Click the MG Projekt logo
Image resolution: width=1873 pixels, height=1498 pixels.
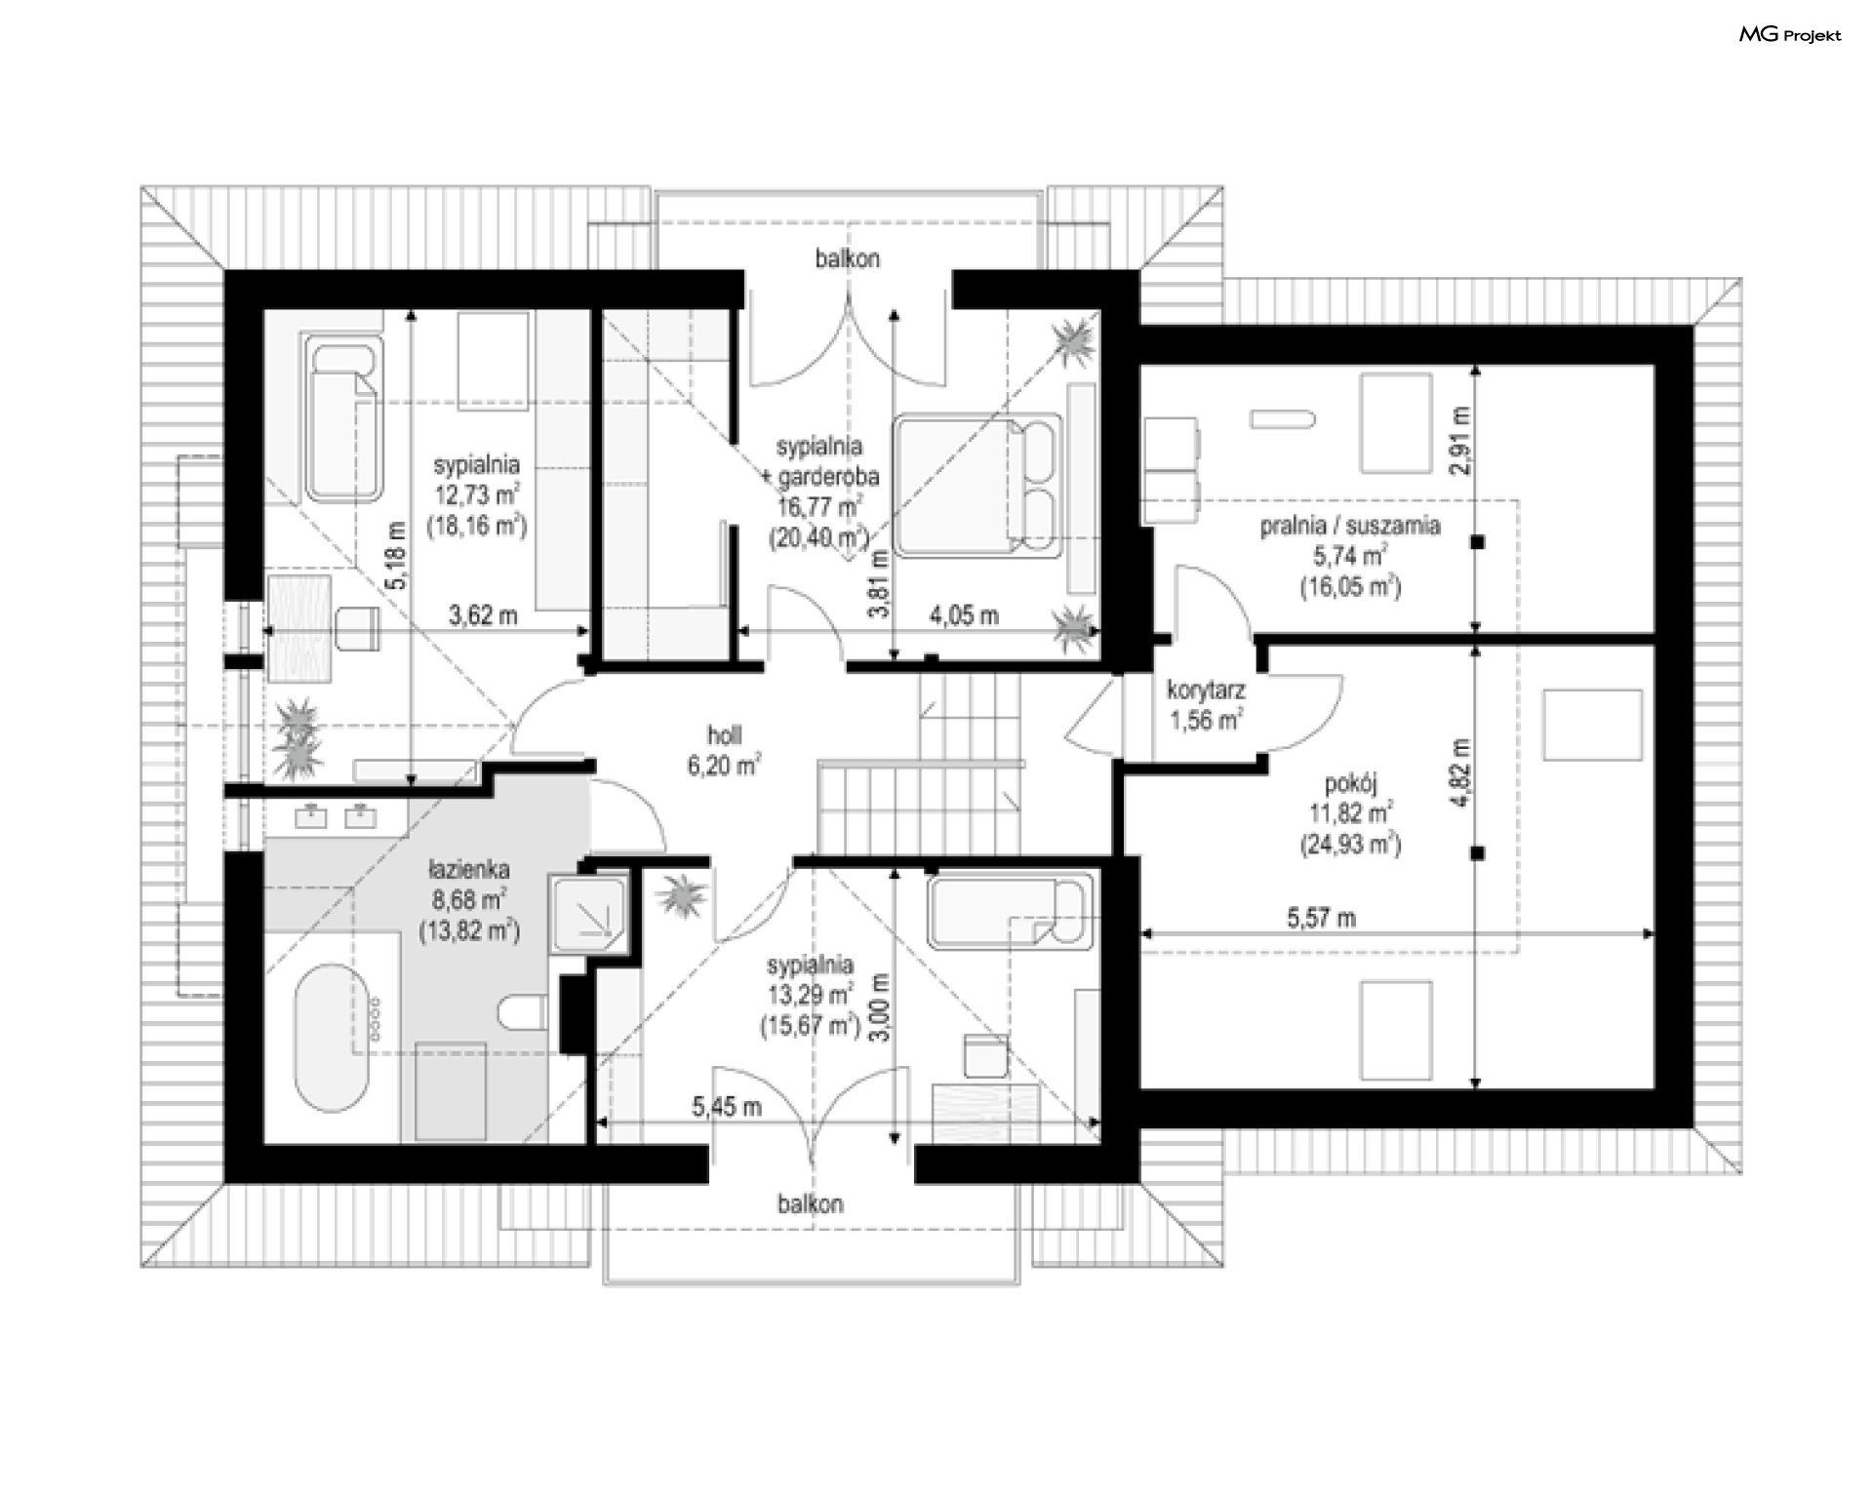1790,35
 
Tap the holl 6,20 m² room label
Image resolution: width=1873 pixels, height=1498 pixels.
724,750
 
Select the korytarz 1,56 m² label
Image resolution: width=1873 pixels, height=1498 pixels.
1206,705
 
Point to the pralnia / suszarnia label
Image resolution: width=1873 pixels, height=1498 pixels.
1350,526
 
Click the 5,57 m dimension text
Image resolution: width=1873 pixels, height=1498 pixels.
1321,918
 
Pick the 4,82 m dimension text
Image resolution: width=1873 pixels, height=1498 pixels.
1460,771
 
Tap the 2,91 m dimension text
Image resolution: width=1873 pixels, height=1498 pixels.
1460,440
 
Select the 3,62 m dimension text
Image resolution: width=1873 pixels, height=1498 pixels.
483,615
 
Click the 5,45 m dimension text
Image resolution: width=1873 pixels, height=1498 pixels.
727,1106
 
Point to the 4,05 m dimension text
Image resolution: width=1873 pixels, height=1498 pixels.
964,615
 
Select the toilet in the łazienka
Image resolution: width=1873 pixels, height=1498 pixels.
523,1011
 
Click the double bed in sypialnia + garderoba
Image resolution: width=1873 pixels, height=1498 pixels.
977,485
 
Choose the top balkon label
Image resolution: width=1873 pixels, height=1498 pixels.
848,258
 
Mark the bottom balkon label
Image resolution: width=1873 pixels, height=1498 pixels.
811,1203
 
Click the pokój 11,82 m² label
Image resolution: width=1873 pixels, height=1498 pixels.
1350,813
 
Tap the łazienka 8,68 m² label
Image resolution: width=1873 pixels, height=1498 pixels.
469,899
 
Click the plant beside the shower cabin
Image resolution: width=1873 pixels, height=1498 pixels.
681,895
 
